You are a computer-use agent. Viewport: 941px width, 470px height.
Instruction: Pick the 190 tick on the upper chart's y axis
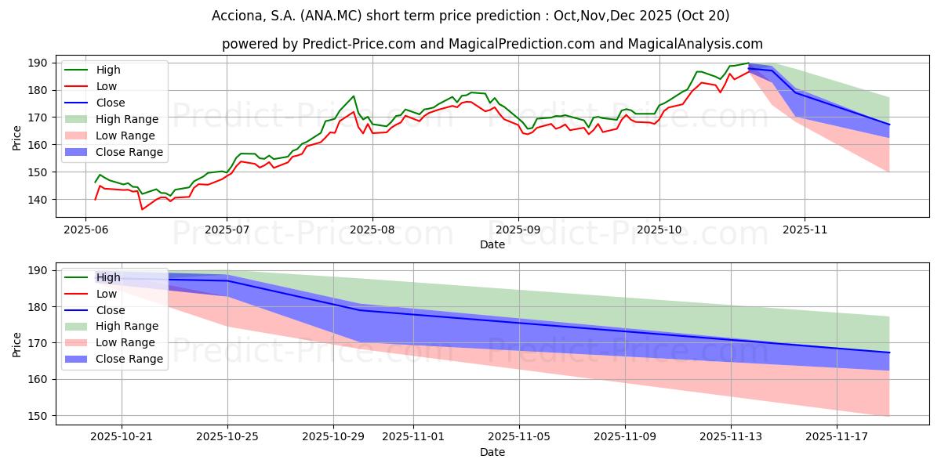pos(38,63)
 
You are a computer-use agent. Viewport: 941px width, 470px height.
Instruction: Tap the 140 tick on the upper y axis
pos(38,200)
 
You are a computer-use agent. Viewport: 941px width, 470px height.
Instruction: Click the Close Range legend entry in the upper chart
pos(130,152)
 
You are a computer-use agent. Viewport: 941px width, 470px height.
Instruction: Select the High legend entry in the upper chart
pos(109,70)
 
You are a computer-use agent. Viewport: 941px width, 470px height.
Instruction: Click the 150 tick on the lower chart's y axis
pos(38,415)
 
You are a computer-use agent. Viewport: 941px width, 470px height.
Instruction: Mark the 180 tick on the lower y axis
pos(38,307)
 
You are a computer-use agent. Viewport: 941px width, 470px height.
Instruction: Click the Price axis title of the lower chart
pos(17,343)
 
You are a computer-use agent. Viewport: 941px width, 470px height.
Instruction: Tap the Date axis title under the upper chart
pos(493,245)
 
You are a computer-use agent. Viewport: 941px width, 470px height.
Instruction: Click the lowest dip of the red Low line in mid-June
pos(142,209)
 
